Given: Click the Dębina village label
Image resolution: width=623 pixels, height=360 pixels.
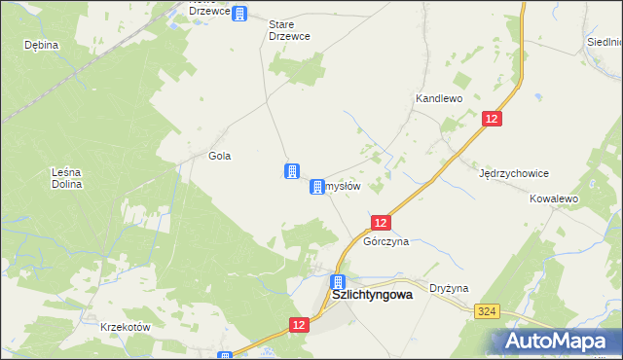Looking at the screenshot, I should coord(42,45).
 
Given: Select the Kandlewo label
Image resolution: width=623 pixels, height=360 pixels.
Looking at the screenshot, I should coord(438,98).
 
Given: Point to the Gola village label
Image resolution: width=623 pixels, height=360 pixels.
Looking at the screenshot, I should coord(219,156).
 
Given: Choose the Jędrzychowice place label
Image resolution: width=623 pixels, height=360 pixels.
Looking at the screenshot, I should coord(514,173).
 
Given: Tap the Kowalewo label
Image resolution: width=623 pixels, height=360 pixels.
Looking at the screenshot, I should coord(554,198).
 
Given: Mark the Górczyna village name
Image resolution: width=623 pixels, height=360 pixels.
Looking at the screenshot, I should coord(385,240).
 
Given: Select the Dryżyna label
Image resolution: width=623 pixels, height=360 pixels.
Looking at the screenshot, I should coord(450,288).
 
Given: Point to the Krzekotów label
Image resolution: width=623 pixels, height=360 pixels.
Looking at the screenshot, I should coord(126,327).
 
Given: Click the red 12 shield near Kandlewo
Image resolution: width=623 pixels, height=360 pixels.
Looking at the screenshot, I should coord(493,118).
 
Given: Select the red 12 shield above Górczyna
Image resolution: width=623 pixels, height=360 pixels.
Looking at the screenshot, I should coord(382,223).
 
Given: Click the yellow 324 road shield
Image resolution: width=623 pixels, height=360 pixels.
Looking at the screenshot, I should coord(488,310).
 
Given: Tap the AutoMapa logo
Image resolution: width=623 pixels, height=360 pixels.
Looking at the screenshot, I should coord(562,341).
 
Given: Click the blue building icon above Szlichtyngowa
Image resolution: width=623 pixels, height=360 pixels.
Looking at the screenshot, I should coord(337,281).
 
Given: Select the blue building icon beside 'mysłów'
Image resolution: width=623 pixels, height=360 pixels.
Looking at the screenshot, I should coord(317,186).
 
